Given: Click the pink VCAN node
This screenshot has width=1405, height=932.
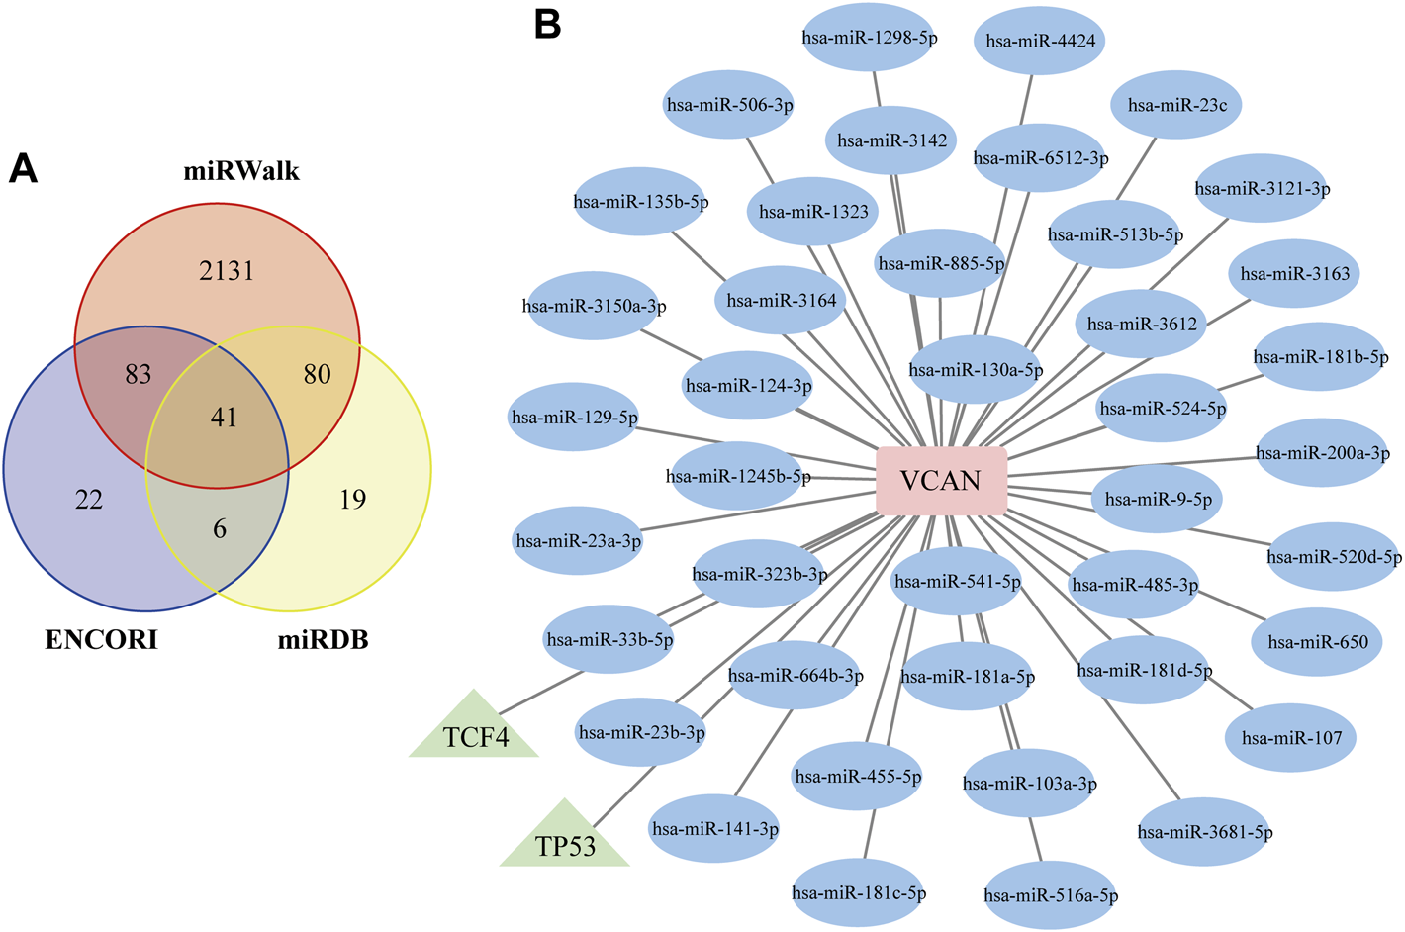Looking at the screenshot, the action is pyautogui.click(x=942, y=481).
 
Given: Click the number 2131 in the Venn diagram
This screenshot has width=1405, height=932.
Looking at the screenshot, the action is pyautogui.click(x=227, y=271).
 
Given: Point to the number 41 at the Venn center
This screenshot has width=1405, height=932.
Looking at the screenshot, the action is pyautogui.click(x=224, y=418).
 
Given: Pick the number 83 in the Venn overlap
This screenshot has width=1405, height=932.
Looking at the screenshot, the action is pyautogui.click(x=138, y=374).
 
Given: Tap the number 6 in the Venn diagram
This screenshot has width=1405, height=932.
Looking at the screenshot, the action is pyautogui.click(x=220, y=528).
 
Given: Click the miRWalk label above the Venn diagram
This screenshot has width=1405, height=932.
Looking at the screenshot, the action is pyautogui.click(x=241, y=171).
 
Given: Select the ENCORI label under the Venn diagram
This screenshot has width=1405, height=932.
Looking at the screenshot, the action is pyautogui.click(x=102, y=640).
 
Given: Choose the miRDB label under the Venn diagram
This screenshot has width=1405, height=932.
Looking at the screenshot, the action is pyautogui.click(x=323, y=640).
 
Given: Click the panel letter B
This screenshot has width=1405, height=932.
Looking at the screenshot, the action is pyautogui.click(x=547, y=26).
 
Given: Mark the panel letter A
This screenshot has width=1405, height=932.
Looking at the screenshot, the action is pyautogui.click(x=23, y=169).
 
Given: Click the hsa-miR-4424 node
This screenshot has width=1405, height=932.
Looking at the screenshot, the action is pyautogui.click(x=1039, y=41).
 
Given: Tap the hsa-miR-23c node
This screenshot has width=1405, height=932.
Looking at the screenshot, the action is pyautogui.click(x=1176, y=105).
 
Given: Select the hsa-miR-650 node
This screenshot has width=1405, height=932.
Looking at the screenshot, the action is pyautogui.click(x=1317, y=641).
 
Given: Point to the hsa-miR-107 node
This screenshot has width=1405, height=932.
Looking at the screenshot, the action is pyautogui.click(x=1291, y=737).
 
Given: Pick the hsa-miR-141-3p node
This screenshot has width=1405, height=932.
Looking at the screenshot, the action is pyautogui.click(x=713, y=828).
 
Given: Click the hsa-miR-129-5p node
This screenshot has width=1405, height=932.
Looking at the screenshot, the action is pyautogui.click(x=573, y=418).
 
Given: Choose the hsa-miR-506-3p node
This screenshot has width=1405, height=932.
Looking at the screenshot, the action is pyautogui.click(x=729, y=104).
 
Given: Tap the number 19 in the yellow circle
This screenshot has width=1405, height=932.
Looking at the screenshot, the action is pyautogui.click(x=352, y=500).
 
